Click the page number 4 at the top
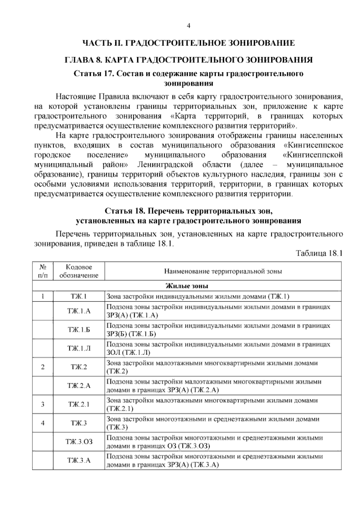[188, 26]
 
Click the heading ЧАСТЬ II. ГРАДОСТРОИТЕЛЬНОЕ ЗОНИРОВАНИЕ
[188, 43]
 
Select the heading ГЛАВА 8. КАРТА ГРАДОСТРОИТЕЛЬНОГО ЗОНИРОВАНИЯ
[188, 60]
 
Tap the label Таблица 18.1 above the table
[319, 253]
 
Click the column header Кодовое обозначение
[79, 271]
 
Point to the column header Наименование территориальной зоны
[223, 272]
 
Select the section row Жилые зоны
[187, 286]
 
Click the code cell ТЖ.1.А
[79, 311]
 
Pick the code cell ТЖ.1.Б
[79, 330]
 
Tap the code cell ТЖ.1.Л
[79, 348]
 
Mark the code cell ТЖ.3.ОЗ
[79, 442]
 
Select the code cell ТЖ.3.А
[79, 460]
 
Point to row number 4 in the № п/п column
[43, 423]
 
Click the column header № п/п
[43, 271]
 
